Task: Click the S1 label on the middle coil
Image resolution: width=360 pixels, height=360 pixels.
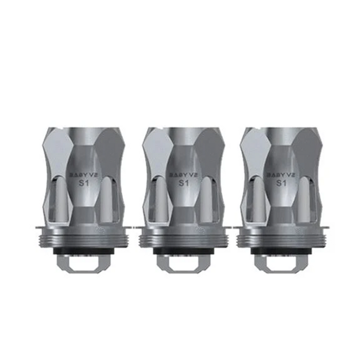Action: pyautogui.click(x=180, y=183)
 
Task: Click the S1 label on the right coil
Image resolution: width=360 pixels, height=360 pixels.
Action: pyautogui.click(x=278, y=183)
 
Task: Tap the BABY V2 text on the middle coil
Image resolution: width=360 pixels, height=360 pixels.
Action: pyautogui.click(x=180, y=174)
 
